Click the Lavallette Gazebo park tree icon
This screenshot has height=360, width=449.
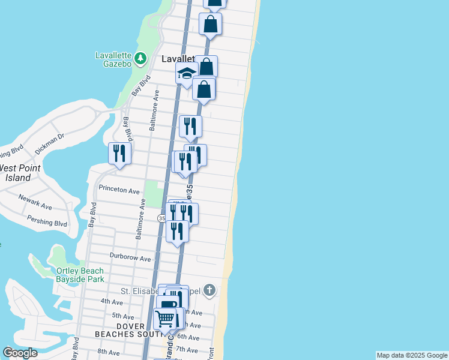(140, 58)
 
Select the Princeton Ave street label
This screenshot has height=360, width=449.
(119, 190)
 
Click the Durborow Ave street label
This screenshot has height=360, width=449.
(130, 257)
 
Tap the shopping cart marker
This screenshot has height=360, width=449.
(164, 318)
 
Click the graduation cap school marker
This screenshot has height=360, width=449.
(186, 74)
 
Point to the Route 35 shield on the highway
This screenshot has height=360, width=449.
(161, 218)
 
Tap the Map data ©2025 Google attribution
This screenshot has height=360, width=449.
(412, 355)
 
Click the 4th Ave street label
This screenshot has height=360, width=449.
(112, 301)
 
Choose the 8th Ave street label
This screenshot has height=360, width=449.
(109, 352)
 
